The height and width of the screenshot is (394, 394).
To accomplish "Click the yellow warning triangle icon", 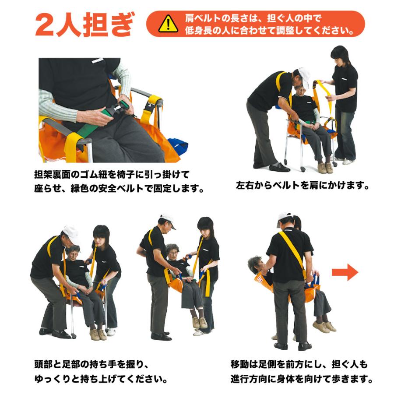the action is (x=168, y=24).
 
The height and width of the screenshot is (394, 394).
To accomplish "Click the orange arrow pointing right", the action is (x=345, y=272).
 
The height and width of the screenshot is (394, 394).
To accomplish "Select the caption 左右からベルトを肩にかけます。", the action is (x=303, y=186).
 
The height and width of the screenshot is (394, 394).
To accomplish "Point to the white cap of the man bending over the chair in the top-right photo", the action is (x=304, y=77).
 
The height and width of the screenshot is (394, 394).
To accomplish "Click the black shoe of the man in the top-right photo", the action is (x=279, y=167).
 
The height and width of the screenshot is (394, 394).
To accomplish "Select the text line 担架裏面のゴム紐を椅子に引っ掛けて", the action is (x=112, y=174).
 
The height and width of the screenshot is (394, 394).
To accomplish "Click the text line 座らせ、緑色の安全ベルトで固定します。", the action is (x=119, y=188).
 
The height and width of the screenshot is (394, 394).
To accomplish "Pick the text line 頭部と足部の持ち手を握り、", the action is (x=92, y=365).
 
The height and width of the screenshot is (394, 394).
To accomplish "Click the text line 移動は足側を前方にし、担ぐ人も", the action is (x=299, y=364).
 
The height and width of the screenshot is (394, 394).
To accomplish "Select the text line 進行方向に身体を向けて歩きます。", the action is (x=302, y=379).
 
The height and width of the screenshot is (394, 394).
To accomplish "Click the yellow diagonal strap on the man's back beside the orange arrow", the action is (x=293, y=254).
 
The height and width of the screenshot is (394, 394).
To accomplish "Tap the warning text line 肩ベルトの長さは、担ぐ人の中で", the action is (x=253, y=18).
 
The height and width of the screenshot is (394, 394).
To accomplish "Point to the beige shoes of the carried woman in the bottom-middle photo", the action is (x=200, y=323).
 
